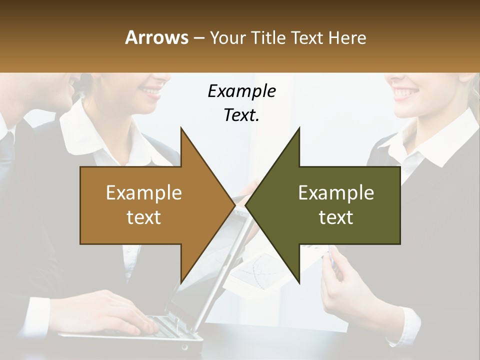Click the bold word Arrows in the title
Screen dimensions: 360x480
click(x=156, y=37)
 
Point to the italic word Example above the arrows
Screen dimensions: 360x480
click(x=241, y=91)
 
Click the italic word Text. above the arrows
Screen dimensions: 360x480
click(x=241, y=115)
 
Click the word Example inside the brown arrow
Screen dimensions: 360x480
click(x=144, y=193)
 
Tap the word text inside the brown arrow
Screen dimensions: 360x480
click(x=144, y=217)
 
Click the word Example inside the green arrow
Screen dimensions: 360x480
click(x=336, y=193)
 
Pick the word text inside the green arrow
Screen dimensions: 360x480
click(x=336, y=217)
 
